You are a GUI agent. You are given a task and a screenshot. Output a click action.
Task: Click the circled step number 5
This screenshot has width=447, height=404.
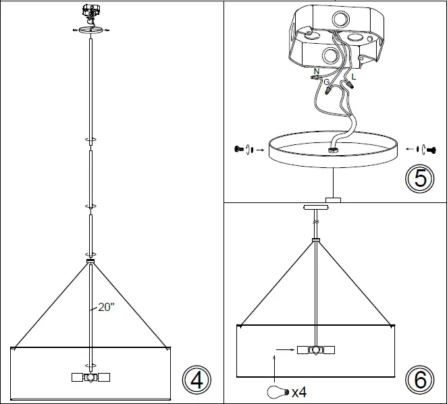click(419, 178)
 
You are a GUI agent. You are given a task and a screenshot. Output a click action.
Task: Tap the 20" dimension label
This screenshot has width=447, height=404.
click(105, 307)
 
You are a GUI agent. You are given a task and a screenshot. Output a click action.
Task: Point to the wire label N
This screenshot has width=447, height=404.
click(317, 71)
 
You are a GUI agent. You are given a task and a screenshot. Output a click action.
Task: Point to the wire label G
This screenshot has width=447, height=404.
click(327, 82)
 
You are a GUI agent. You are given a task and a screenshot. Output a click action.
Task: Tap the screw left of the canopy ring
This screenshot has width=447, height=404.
click(238, 148)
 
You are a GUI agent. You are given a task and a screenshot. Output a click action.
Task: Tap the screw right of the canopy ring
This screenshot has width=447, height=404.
click(432, 148)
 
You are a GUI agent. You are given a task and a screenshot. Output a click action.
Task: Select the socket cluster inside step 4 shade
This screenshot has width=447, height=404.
click(90, 378)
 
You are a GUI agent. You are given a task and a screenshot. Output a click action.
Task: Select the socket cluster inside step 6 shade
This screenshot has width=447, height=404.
click(315, 350)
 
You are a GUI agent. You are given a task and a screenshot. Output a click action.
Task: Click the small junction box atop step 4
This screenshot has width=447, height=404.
click(90, 11)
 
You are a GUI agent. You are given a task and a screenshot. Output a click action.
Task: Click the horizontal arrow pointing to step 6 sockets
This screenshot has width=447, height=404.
click(284, 350)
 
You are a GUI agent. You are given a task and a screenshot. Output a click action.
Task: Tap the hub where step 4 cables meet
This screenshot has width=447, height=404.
click(90, 260)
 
